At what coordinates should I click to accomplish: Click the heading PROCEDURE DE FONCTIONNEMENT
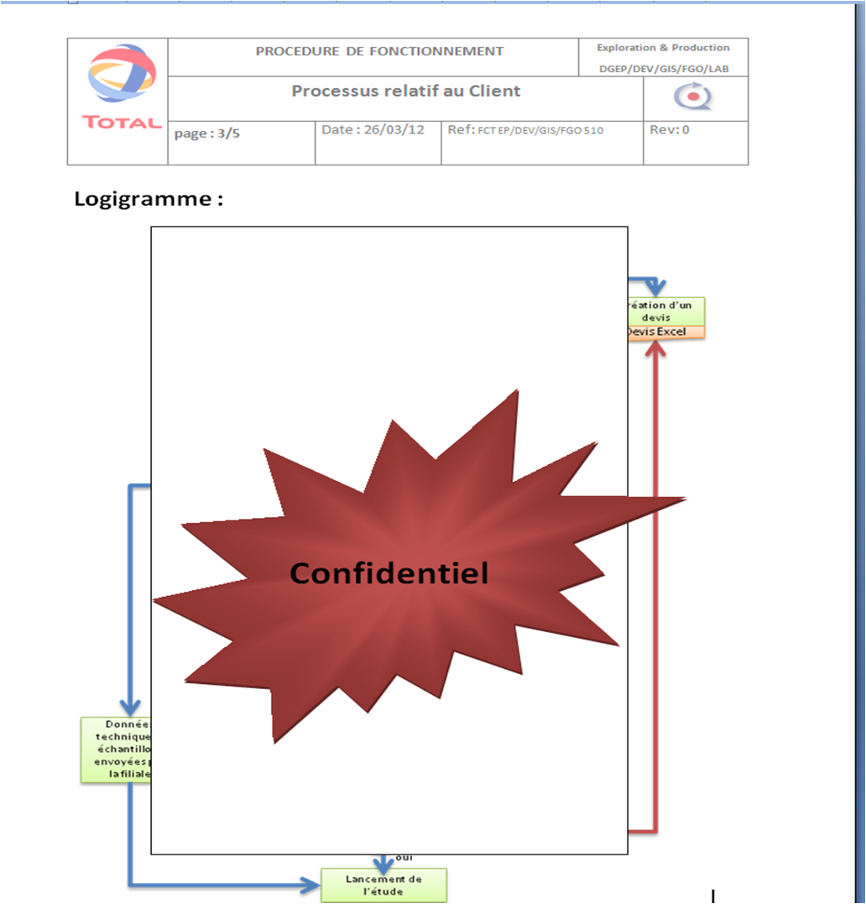coord(379,51)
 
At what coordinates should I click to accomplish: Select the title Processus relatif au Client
coord(406,91)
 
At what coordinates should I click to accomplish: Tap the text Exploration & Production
coord(663,48)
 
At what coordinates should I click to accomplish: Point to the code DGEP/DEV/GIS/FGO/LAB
coord(663,69)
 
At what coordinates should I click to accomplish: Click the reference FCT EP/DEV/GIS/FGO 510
coord(540,131)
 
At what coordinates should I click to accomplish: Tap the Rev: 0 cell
coord(670,130)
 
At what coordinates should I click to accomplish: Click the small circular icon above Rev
coord(693,98)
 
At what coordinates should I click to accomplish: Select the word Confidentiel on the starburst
coord(389,572)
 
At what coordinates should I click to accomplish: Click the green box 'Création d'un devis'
coord(665,311)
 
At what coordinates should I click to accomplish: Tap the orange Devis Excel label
coord(665,332)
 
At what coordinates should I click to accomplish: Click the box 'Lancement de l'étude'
coord(384,885)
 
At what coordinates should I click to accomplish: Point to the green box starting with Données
coord(116,749)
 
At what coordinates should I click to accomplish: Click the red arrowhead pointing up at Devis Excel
coord(657,347)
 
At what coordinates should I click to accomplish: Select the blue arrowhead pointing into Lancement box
coord(313,884)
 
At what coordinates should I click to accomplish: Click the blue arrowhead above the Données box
coord(129,708)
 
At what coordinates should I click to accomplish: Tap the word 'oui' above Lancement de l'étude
coord(404,857)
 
